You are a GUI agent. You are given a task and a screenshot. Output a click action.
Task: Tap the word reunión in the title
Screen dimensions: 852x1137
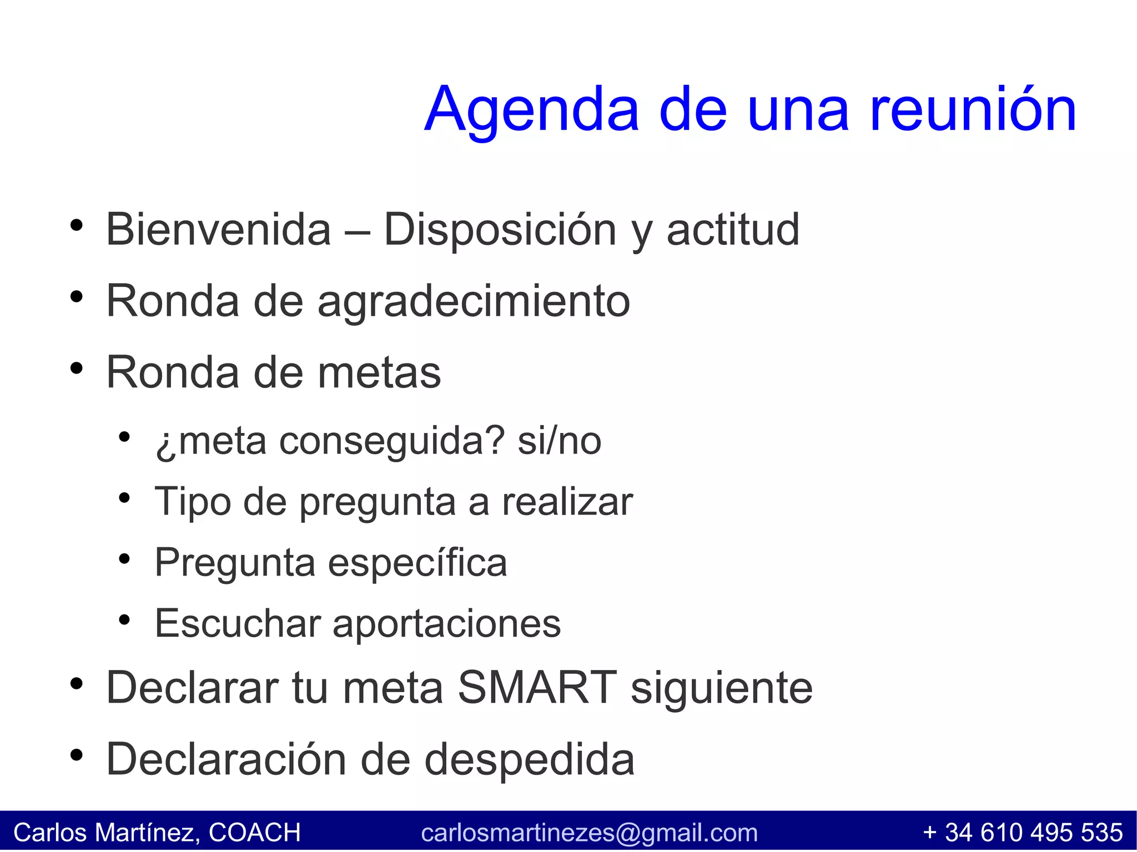(972, 110)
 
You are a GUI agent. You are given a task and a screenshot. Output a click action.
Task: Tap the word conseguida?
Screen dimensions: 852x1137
(392, 442)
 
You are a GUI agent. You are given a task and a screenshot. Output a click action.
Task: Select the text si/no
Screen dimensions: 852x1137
(559, 442)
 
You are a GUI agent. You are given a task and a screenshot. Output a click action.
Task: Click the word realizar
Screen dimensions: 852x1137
(567, 502)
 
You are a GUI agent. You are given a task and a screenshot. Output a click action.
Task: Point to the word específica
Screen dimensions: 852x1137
(417, 563)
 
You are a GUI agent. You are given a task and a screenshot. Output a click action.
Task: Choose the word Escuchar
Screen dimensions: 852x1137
(238, 624)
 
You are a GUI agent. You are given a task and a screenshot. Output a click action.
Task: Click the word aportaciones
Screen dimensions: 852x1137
(446, 624)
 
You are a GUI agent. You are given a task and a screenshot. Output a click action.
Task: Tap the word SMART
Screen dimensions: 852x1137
(537, 688)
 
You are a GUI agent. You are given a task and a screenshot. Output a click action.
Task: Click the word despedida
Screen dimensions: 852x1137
(529, 759)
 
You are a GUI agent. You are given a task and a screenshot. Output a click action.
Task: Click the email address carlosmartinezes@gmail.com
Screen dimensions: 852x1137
(589, 833)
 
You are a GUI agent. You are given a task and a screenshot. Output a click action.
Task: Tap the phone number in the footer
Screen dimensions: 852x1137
(1023, 833)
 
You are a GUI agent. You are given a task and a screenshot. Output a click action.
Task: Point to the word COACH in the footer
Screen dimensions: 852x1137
(255, 833)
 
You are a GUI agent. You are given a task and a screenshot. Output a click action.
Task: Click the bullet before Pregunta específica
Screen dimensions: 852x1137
(124, 559)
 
